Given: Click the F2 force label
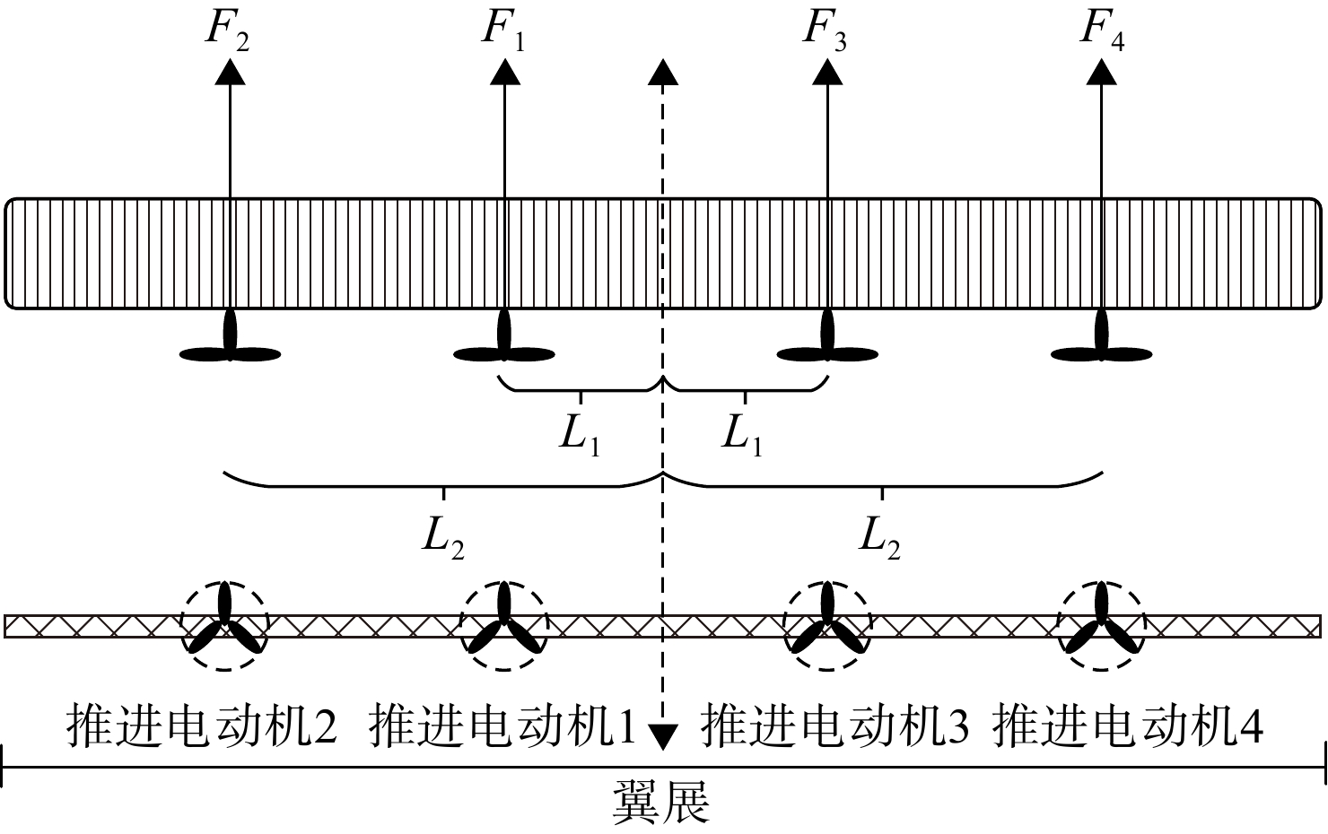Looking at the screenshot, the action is [x=227, y=29].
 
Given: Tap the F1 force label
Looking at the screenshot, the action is [x=502, y=29].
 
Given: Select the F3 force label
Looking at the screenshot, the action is [x=825, y=29].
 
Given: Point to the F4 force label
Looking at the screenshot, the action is [x=1102, y=29].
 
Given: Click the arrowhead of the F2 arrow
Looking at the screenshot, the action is [x=230, y=72].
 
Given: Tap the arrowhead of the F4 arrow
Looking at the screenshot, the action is [x=1102, y=72].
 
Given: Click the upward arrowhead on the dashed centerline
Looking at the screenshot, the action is [x=662, y=72].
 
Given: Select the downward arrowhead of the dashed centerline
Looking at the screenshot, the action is [x=662, y=737].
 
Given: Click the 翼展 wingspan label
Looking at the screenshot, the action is [x=661, y=801].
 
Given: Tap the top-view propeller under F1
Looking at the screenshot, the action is [x=504, y=343].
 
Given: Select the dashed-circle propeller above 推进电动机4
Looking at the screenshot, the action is [x=1102, y=626].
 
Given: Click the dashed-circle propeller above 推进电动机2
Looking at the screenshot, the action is [x=224, y=626].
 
